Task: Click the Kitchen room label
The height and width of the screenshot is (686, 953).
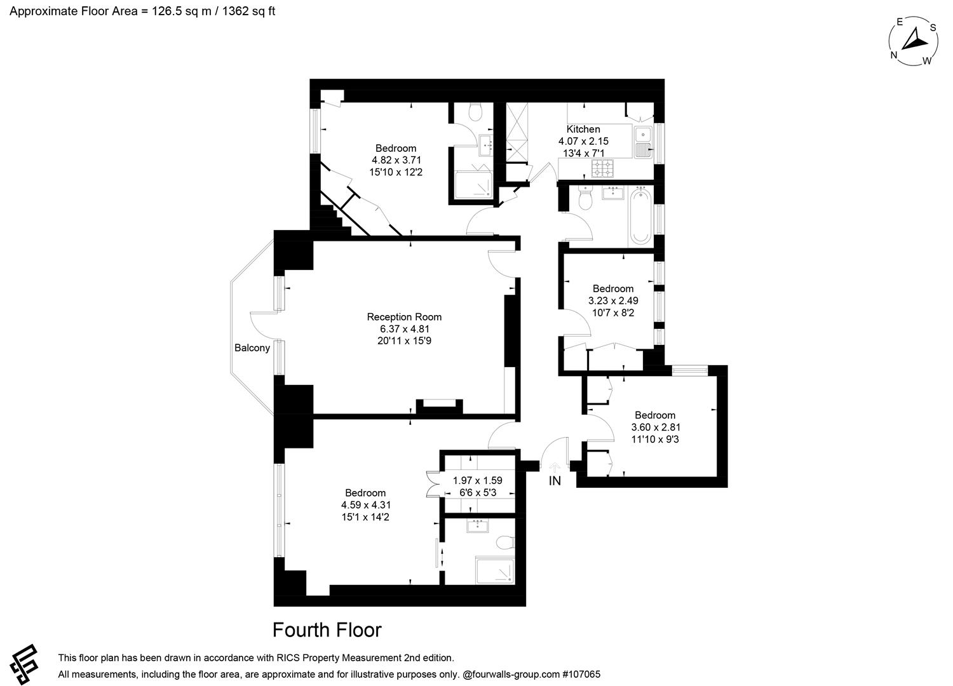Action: pos(583,129)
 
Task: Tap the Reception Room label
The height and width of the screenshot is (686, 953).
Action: pos(404,317)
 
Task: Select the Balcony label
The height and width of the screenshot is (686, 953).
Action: pos(252,348)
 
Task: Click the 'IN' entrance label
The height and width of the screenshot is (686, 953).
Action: pos(555,481)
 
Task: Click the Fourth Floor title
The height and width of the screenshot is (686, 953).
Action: pos(327,629)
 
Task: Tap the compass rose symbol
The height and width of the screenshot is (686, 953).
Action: pos(913,41)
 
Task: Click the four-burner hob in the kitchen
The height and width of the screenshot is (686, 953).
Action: pos(603,168)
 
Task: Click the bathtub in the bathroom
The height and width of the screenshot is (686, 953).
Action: pos(639,216)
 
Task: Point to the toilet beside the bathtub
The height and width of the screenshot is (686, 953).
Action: pos(585,201)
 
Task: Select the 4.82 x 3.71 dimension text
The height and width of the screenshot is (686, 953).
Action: pos(396,160)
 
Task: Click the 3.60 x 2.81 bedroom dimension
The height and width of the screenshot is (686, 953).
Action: pos(656,427)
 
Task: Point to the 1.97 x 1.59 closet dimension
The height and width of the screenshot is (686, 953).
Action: pos(477,480)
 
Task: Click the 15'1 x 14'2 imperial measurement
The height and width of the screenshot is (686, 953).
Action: pos(365,517)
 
